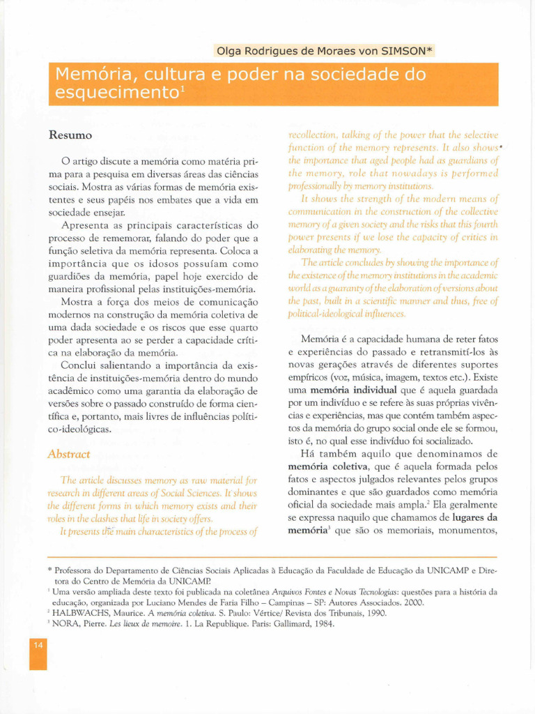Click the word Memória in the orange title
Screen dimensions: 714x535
click(x=88, y=74)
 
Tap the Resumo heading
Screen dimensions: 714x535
click(x=70, y=135)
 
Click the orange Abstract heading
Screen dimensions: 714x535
click(x=68, y=454)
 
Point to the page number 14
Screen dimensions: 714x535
click(x=38, y=645)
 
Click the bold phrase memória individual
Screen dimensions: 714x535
click(x=353, y=390)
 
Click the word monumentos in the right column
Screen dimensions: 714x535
click(x=470, y=531)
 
